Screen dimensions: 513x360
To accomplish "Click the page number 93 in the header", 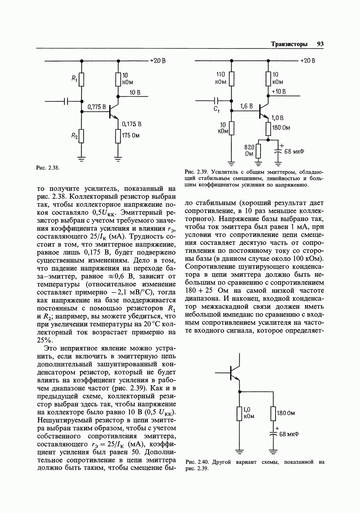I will pyautogui.click(x=320, y=44).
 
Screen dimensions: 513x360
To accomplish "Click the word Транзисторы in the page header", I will pyautogui.click(x=289, y=44).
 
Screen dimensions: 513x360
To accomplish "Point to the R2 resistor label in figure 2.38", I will pyautogui.click(x=75, y=135).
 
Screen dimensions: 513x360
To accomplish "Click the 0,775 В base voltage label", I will pyautogui.click(x=96, y=107).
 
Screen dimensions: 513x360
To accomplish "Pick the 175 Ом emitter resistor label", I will pyautogui.click(x=131, y=136).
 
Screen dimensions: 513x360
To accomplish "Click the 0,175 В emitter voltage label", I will pyautogui.click(x=131, y=124).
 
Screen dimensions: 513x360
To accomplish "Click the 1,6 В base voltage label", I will pyautogui.click(x=247, y=106).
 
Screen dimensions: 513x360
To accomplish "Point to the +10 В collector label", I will pyautogui.click(x=279, y=92).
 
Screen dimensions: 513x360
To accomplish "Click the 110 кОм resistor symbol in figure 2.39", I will pyautogui.click(x=232, y=78).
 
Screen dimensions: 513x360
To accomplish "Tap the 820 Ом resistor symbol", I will pyautogui.click(x=259, y=150).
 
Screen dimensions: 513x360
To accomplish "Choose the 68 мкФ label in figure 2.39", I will pyautogui.click(x=294, y=151).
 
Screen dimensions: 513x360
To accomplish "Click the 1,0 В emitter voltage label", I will pyautogui.click(x=277, y=118).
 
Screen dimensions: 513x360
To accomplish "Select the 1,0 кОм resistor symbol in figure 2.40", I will pyautogui.click(x=239, y=414).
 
